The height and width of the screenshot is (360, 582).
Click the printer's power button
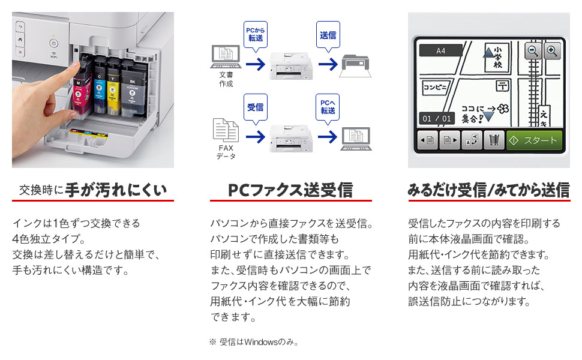pyautogui.click(x=53, y=44)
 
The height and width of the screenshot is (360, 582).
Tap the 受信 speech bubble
pyautogui.click(x=255, y=108)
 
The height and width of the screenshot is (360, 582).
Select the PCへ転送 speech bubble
pyautogui.click(x=328, y=108)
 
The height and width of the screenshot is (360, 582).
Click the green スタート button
pyautogui.click(x=534, y=141)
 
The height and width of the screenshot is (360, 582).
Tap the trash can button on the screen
pyautogui.click(x=493, y=141)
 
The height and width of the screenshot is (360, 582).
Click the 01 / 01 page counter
pyautogui.click(x=436, y=118)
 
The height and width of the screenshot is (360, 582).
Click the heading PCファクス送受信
pyautogui.click(x=290, y=190)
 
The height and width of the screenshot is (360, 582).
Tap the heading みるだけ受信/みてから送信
pyautogui.click(x=488, y=190)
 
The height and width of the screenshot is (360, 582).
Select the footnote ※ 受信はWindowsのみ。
pyautogui.click(x=254, y=342)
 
